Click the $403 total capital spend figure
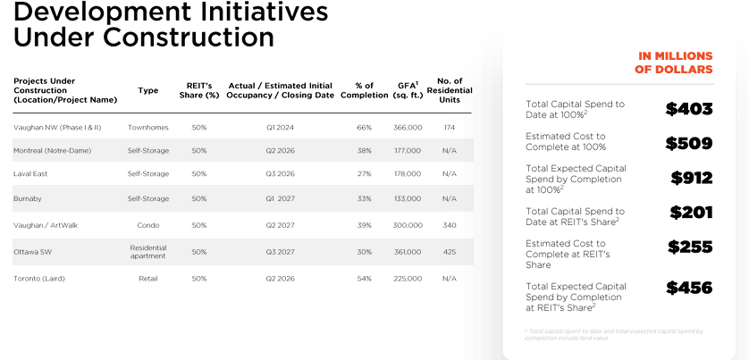[689, 109]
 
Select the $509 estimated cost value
[689, 143]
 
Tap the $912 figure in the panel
[692, 177]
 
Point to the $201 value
[691, 212]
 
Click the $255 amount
[690, 247]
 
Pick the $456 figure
[689, 288]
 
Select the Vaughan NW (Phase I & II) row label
[57, 128]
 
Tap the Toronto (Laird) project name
[39, 279]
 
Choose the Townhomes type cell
[148, 128]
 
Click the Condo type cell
[148, 225]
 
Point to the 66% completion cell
[364, 128]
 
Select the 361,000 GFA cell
[408, 252]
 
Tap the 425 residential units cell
[449, 252]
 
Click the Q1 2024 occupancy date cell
[281, 128]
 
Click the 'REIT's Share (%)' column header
[198, 90]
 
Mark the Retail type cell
[148, 279]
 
